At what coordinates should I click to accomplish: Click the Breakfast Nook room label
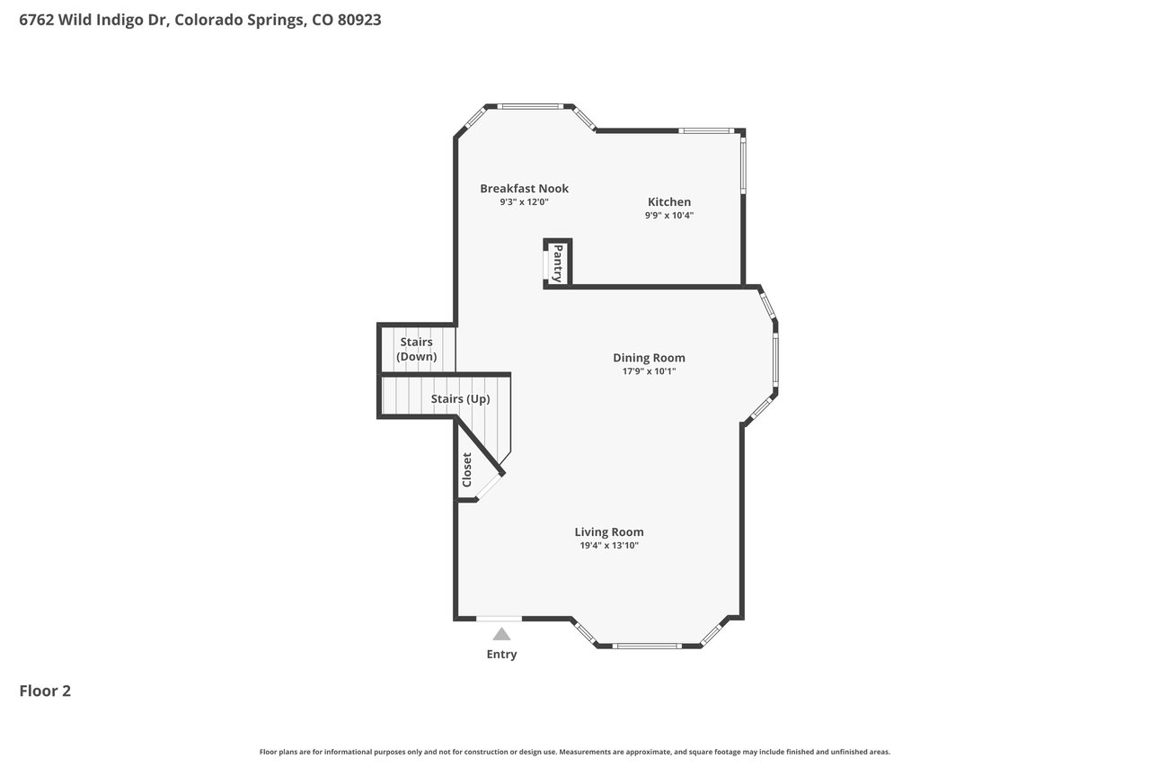[x=524, y=189]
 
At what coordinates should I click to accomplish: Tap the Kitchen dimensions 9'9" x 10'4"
[x=669, y=215]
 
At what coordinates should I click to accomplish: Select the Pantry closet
[x=558, y=263]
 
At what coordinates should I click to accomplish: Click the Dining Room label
[x=649, y=358]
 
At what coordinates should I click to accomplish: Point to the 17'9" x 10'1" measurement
[x=649, y=371]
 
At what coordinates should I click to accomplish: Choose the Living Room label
[x=609, y=531]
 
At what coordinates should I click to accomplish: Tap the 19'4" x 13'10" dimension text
[x=609, y=545]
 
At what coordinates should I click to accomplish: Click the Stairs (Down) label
[x=416, y=349]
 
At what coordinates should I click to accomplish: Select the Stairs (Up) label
[x=460, y=398]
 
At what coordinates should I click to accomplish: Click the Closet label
[x=466, y=469]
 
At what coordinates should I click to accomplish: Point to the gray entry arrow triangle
[x=501, y=634]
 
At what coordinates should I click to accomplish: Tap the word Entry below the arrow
[x=501, y=654]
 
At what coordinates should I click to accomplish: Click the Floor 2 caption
[x=45, y=691]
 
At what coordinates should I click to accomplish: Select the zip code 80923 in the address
[x=359, y=20]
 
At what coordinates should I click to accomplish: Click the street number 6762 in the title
[x=37, y=20]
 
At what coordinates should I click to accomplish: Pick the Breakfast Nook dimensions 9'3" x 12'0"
[x=524, y=202]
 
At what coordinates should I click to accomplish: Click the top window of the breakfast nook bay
[x=530, y=107]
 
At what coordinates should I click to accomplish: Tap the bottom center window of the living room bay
[x=647, y=646]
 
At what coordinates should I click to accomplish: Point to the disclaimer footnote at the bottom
[x=574, y=752]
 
